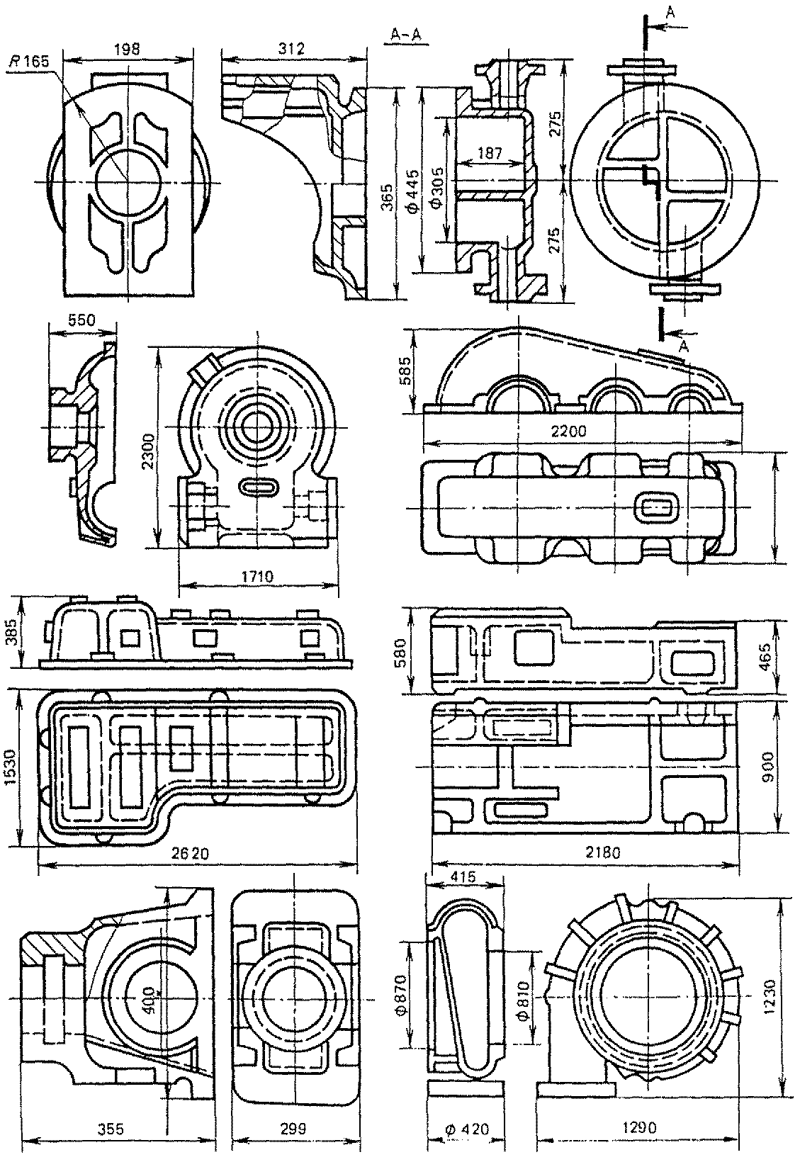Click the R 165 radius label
coord(29,62)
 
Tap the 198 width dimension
coord(128,50)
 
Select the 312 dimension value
coord(292,49)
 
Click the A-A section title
coord(406,35)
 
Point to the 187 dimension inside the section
coord(489,153)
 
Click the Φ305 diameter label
coord(437,187)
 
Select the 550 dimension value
coord(82,320)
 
